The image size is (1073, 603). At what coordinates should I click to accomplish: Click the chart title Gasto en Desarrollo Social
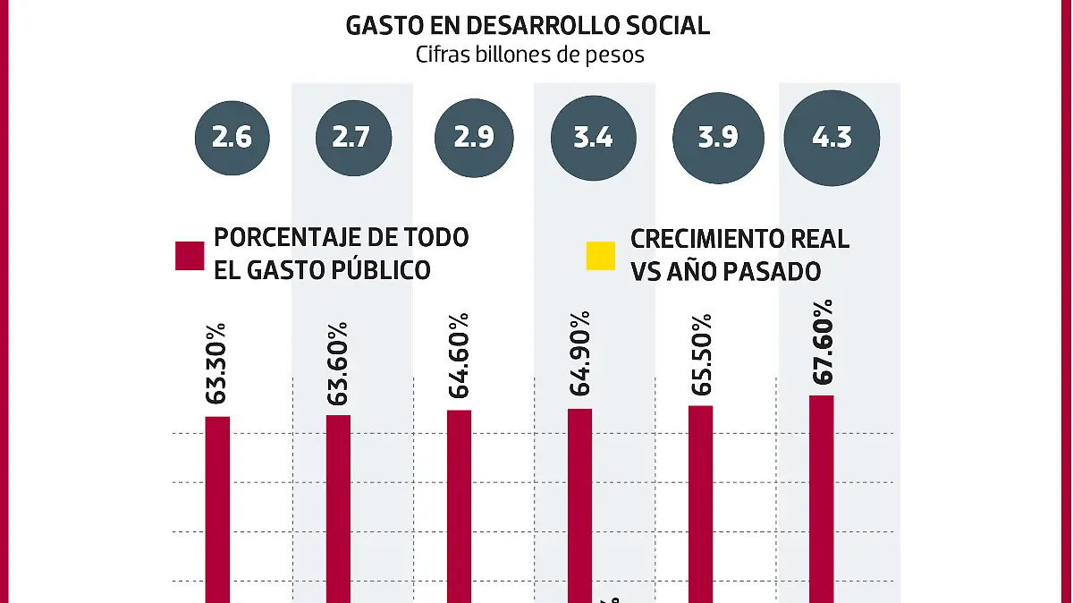[x=528, y=25]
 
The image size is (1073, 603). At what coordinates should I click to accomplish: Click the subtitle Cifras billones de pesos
[x=529, y=55]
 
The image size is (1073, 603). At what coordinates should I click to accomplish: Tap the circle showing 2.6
[x=231, y=139]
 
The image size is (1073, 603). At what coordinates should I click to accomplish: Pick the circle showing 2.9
[x=473, y=139]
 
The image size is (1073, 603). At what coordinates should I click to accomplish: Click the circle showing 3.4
[x=593, y=139]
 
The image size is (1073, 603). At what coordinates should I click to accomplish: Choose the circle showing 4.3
[x=832, y=139]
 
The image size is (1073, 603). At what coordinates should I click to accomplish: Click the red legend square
[x=190, y=255]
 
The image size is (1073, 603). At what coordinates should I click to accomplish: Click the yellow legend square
[x=600, y=255]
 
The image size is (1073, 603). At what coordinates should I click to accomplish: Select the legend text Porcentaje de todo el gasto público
[x=341, y=253]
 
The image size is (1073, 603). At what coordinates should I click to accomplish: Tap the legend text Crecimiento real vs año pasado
[x=739, y=253]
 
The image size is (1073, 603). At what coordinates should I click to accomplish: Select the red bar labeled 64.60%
[x=459, y=505]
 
